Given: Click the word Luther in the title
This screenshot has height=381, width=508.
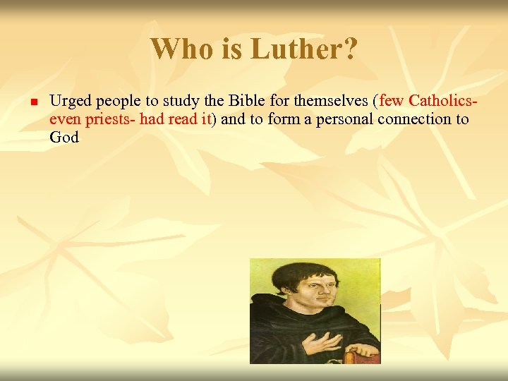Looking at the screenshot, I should pyautogui.click(x=289, y=49).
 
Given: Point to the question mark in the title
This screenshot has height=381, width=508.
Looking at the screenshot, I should pyautogui.click(x=350, y=49).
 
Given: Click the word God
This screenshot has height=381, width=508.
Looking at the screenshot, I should pyautogui.click(x=64, y=137).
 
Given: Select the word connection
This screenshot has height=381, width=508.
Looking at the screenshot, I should pyautogui.click(x=416, y=119).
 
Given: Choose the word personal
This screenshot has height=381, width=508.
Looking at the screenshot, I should pyautogui.click(x=344, y=119).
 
